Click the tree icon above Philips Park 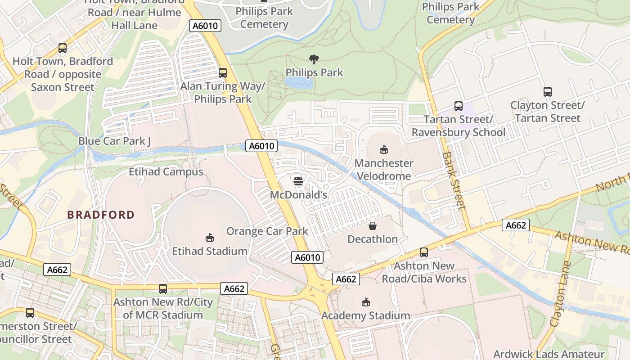coord(314,59)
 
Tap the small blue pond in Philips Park coord(298,83)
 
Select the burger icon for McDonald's coord(298,181)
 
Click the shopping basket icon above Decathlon coord(373,225)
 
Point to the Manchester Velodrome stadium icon coord(384,149)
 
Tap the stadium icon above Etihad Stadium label coord(209,237)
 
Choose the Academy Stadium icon coord(365,302)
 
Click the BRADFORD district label coord(101,215)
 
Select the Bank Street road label coord(454,180)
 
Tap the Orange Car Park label coord(267,231)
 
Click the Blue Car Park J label coord(115,141)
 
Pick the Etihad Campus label coord(166,171)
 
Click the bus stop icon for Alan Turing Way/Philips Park coord(222,72)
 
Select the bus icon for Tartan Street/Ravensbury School coord(459,106)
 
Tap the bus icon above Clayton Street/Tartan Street coord(548,92)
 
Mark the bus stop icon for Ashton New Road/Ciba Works coord(424,252)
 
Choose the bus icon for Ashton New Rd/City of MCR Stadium coord(163,288)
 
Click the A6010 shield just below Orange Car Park coord(308,257)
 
